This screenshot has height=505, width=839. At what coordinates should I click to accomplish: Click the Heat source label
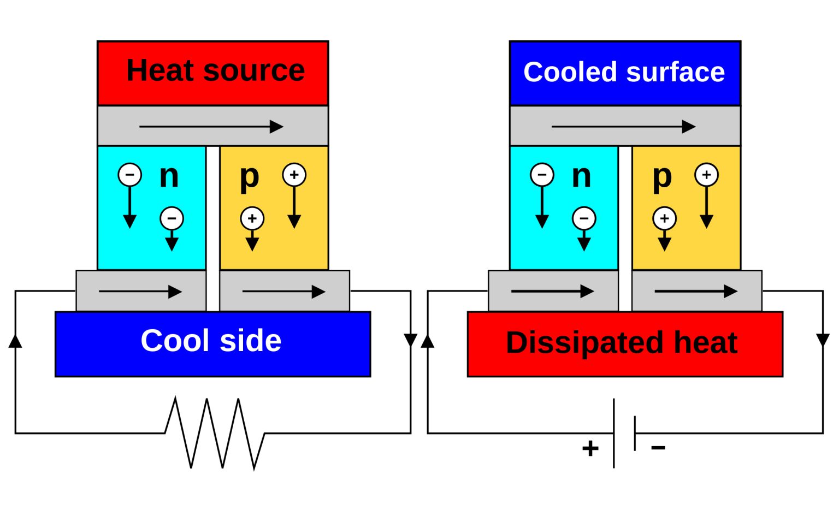(x=215, y=71)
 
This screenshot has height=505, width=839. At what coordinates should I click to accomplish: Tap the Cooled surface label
(x=624, y=72)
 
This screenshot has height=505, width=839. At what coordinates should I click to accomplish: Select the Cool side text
(x=211, y=341)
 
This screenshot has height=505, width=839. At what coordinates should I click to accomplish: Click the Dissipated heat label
(x=622, y=343)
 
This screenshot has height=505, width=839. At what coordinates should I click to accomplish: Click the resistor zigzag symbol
(x=215, y=433)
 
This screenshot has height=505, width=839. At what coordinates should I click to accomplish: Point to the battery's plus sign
(x=590, y=448)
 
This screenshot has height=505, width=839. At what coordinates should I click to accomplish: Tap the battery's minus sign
(x=658, y=448)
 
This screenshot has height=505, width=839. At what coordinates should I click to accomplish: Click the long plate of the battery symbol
(x=614, y=433)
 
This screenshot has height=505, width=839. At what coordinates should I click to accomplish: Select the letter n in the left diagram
(x=169, y=176)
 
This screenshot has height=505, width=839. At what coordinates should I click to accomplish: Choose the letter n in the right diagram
(x=581, y=176)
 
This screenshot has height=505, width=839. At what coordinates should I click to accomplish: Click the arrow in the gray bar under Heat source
(x=211, y=127)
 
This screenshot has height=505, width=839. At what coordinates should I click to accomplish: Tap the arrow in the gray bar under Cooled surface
(x=623, y=127)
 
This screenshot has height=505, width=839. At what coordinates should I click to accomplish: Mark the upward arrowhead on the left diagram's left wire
(x=15, y=341)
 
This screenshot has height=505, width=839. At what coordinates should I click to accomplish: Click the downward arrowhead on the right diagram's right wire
(x=823, y=340)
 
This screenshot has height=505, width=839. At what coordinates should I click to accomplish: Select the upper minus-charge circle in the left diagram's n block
(x=129, y=175)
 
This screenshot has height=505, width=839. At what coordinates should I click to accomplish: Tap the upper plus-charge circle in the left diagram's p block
(x=294, y=175)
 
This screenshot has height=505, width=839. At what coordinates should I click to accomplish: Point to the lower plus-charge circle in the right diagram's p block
(x=664, y=218)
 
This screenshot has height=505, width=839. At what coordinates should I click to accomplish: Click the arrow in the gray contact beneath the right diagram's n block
(x=552, y=292)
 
